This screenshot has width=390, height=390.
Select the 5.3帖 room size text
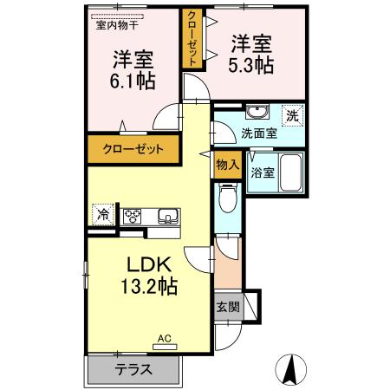pos(250,63)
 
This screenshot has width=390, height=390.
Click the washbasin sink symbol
pos(257,113)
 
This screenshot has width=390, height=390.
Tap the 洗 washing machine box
pos(293,114)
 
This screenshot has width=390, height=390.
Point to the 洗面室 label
pos(258,134)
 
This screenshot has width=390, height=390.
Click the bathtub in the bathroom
pos(292,173)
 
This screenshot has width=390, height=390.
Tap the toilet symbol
pos(228,201)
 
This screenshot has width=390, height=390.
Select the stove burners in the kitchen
pos(134,216)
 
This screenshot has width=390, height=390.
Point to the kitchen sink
pos(166,216)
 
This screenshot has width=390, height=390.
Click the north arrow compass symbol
pos(291,370)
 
